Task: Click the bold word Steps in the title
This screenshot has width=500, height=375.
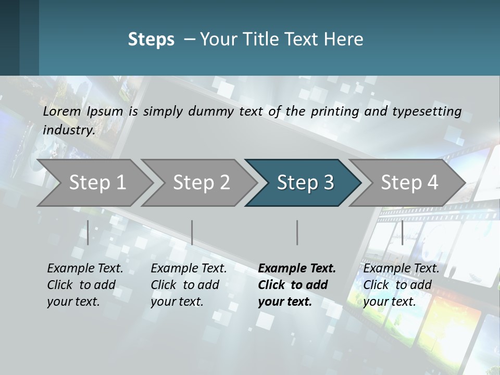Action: coord(151,39)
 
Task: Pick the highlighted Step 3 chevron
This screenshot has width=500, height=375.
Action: coord(305,182)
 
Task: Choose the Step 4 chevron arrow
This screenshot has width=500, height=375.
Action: coord(409,182)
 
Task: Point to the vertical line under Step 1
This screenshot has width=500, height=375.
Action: coord(88,232)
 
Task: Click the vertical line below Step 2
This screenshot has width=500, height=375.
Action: coord(192,232)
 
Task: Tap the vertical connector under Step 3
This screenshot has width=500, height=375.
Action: coord(297,232)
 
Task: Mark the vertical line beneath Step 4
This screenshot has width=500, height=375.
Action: coord(402,232)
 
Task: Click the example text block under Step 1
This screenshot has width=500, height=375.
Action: coord(85,285)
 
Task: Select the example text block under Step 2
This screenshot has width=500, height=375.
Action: coord(189,285)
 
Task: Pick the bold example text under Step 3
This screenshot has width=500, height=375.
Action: coord(297,285)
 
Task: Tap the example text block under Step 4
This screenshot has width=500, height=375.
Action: coord(401,285)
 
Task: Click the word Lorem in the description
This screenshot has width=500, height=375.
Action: coord(62,111)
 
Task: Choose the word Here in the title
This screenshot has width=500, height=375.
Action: coord(346,39)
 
